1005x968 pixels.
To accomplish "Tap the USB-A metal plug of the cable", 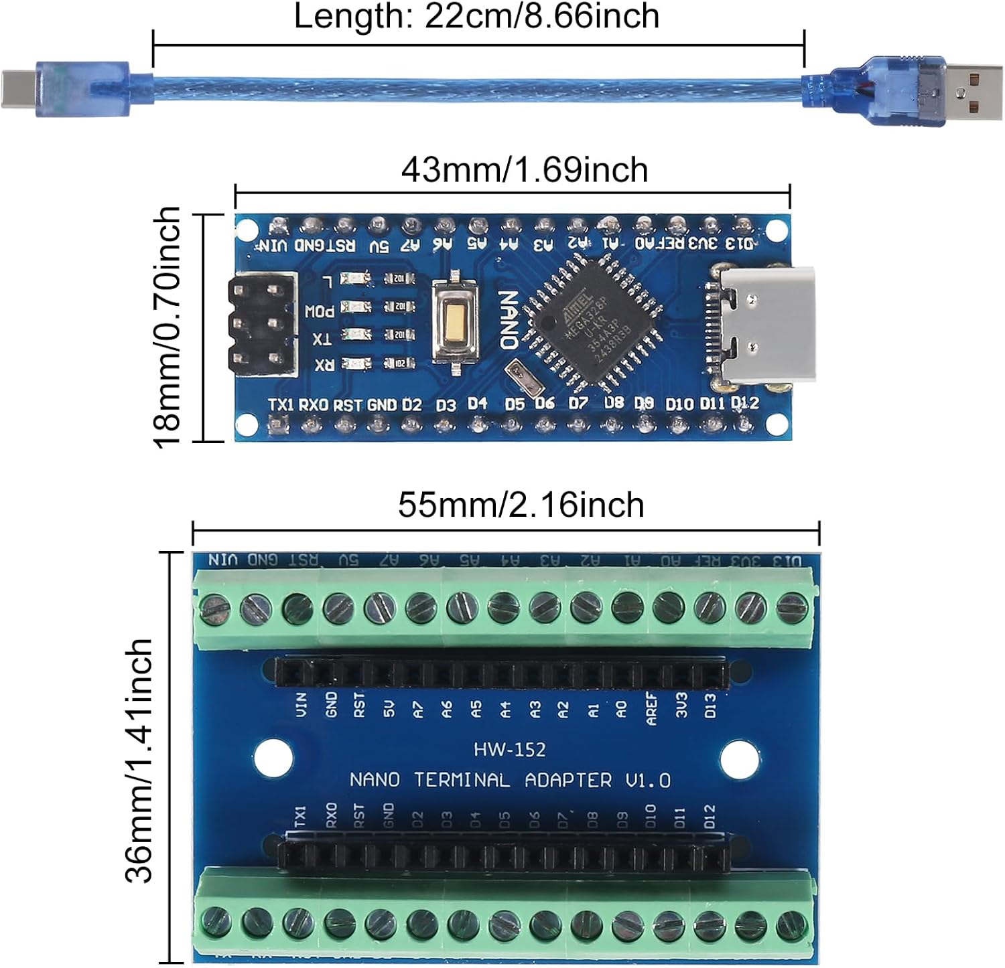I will coord(975,90).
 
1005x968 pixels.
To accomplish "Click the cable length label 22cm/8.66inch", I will coord(476,16).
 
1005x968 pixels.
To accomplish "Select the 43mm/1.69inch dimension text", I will coord(525,170).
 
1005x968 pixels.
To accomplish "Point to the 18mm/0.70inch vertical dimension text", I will coord(167,327).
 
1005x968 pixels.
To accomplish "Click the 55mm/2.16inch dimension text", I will coord(521,505).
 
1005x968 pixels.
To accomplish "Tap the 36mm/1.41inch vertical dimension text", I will coord(139,760).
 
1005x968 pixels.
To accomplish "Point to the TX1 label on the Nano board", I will coord(281,404).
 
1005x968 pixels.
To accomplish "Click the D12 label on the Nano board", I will coord(744,402).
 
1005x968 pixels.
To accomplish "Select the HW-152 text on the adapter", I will coord(509,749).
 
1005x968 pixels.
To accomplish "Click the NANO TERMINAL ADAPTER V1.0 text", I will coord(509,780).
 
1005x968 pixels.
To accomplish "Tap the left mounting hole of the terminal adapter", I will coord(274,757).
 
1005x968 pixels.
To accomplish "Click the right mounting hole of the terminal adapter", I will coord(740,758).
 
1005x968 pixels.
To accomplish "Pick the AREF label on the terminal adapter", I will coord(651,708).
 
